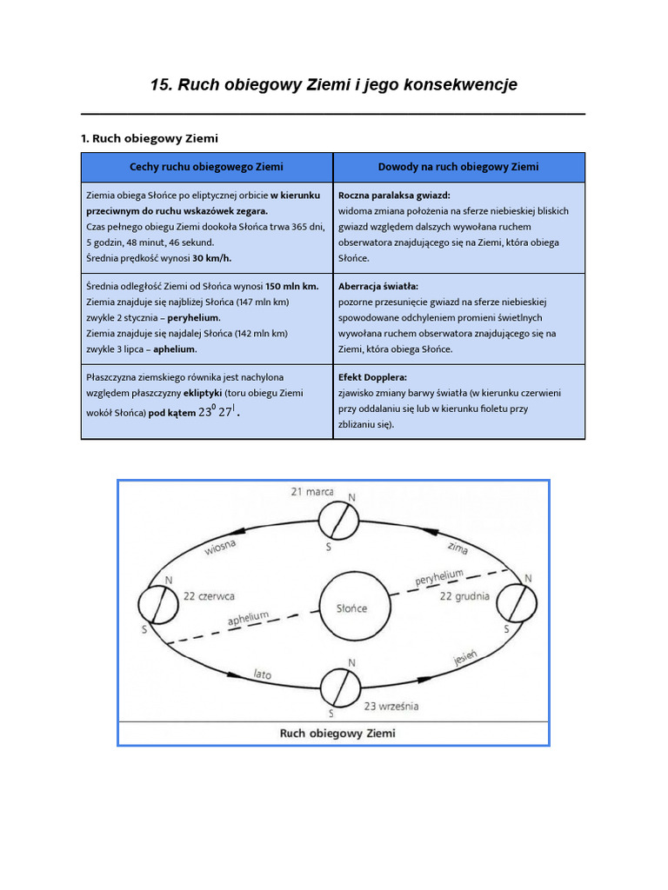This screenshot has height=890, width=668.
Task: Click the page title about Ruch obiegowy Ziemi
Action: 333,84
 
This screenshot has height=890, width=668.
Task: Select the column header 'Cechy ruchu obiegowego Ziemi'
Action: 206,167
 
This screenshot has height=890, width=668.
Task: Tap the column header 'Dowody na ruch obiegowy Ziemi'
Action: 458,167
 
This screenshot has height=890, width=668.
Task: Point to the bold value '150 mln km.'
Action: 292,286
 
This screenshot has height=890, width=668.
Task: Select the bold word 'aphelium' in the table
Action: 175,349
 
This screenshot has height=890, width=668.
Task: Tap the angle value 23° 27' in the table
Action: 217,412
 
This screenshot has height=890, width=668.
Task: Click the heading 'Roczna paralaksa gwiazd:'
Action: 394,196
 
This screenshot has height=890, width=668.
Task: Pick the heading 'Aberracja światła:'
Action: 378,286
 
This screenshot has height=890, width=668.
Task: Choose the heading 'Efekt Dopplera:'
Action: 372,378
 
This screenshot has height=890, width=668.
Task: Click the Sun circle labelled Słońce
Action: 351,608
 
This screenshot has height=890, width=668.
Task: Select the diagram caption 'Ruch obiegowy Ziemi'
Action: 337,733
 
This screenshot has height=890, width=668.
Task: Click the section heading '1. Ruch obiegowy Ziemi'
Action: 149,138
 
